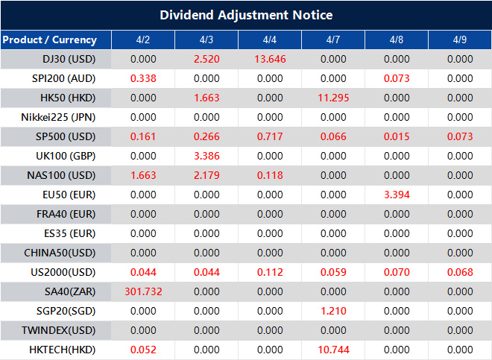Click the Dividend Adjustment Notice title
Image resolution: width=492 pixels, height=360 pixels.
tap(246, 15)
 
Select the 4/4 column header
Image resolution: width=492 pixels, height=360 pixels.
tap(270, 40)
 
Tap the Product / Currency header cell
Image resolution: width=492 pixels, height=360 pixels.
tap(49, 40)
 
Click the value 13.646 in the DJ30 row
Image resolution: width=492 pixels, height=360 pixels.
tap(270, 59)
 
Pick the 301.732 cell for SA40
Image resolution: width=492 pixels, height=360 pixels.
tap(142, 291)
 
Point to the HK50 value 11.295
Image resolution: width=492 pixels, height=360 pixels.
tap(333, 98)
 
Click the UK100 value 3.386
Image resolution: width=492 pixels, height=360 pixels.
tap(206, 156)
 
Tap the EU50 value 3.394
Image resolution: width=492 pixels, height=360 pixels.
tap(397, 195)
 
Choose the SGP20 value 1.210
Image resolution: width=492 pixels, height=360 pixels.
tap(333, 311)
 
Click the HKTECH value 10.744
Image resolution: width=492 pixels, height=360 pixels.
tap(333, 350)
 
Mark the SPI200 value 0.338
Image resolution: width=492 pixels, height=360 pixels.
tap(142, 78)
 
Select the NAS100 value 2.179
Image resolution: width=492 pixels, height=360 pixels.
tap(206, 175)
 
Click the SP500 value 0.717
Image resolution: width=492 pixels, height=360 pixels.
tap(270, 136)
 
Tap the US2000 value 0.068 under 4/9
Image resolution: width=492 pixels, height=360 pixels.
tap(460, 272)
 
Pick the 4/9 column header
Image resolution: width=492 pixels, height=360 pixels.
tap(460, 40)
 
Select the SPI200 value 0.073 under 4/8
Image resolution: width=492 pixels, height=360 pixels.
tap(397, 78)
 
